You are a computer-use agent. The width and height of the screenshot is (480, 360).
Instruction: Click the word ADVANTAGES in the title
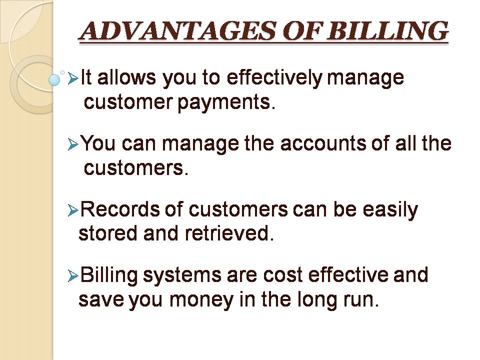(x=178, y=31)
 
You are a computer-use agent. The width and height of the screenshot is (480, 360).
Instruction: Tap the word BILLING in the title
(x=387, y=31)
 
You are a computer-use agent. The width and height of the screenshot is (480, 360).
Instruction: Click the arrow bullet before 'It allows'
(x=73, y=78)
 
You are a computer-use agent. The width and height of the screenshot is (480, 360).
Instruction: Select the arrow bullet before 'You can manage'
(x=73, y=144)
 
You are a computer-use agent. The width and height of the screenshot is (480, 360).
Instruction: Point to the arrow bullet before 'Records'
(x=73, y=210)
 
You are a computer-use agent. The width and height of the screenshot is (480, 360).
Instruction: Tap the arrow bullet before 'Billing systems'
(x=73, y=276)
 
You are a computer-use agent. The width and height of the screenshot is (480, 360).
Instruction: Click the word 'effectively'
(x=274, y=78)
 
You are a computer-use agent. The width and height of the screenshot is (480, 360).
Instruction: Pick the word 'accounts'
(x=323, y=143)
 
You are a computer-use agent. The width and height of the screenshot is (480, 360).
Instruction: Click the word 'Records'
(x=120, y=209)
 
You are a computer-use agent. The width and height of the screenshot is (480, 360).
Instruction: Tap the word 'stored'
(x=108, y=233)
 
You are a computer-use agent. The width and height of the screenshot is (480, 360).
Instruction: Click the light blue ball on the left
(x=54, y=80)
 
